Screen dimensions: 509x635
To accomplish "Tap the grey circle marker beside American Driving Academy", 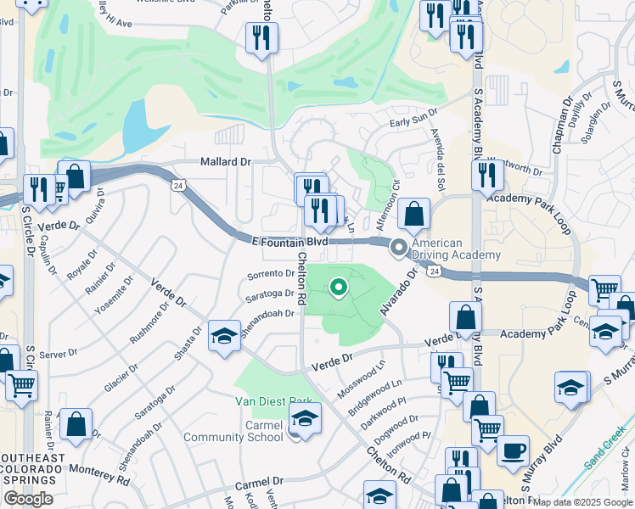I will click(x=398, y=249).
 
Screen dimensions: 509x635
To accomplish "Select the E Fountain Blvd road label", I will click(x=290, y=242).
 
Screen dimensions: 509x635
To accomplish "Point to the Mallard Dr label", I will click(x=227, y=161).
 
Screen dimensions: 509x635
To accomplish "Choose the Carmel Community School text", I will click(x=239, y=431).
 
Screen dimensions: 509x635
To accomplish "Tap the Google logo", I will click(x=28, y=499).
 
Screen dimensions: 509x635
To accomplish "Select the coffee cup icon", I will click(x=512, y=450).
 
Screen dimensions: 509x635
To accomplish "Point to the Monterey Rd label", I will click(x=100, y=473).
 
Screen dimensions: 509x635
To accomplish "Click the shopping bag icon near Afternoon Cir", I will click(x=413, y=215).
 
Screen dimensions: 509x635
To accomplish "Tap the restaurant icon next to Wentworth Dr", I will click(x=487, y=174).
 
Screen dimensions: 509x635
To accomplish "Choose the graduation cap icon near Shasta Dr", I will click(x=224, y=336).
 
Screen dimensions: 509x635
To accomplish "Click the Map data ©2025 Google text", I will click(x=582, y=502).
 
